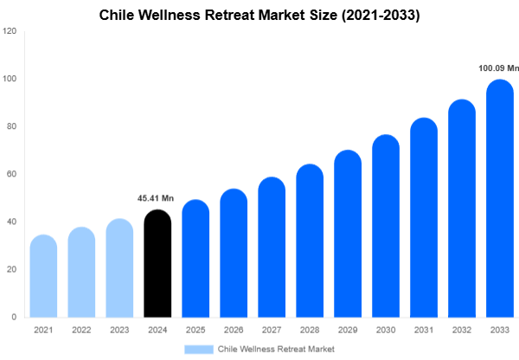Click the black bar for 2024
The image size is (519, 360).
click(157, 264)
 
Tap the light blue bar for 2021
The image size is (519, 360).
click(43, 277)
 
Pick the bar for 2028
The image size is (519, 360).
click(310, 241)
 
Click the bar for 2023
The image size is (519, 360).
click(119, 268)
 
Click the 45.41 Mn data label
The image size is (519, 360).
click(156, 199)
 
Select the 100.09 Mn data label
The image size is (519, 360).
click(499, 67)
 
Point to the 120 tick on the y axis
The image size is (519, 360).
click(10, 31)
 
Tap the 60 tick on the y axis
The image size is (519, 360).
click(11, 174)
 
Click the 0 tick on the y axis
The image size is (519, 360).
click(14, 318)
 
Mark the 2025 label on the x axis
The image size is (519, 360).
click(195, 330)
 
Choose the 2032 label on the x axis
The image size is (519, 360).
click(462, 330)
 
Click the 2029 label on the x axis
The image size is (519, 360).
click(348, 330)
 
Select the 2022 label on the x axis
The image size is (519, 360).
click(81, 330)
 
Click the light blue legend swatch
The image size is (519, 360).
click(198, 349)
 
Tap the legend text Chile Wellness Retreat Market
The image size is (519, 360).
click(276, 349)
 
